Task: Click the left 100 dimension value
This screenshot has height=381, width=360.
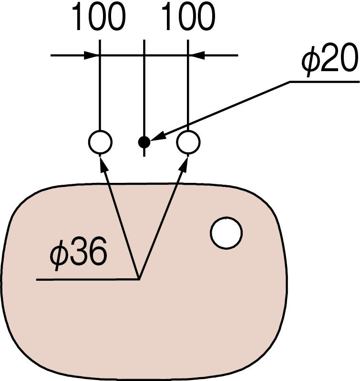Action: click(99, 18)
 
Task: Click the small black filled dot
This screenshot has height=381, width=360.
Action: click(144, 142)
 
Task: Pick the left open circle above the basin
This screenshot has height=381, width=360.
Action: click(100, 142)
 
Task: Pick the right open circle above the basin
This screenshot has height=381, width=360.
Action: click(188, 142)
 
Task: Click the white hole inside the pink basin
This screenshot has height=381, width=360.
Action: click(226, 233)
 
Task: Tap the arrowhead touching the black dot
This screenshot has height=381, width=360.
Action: click(157, 138)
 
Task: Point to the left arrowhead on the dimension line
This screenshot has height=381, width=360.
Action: click(92, 55)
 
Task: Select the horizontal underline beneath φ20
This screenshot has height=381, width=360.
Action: click(324, 82)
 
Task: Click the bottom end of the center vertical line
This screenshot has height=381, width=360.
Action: click(144, 155)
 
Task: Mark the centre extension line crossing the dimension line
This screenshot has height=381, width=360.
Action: click(144, 55)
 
